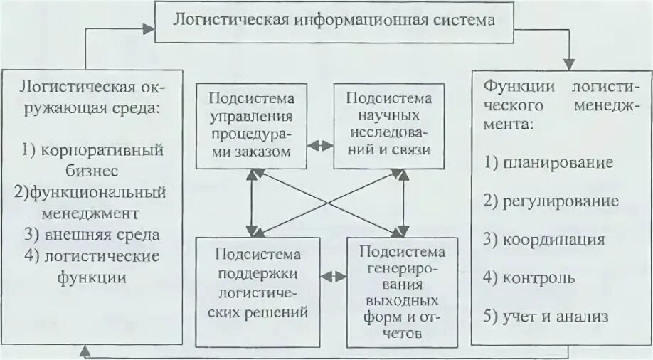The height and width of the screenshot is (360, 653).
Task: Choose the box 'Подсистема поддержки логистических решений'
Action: tap(259, 283)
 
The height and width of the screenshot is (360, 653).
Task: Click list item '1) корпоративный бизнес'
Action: tap(93, 160)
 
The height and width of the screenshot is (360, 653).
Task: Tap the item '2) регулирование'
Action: tap(551, 201)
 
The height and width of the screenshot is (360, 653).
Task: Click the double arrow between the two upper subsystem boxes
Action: tap(323, 144)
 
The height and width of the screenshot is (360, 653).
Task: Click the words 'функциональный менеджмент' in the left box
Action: tap(93, 202)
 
